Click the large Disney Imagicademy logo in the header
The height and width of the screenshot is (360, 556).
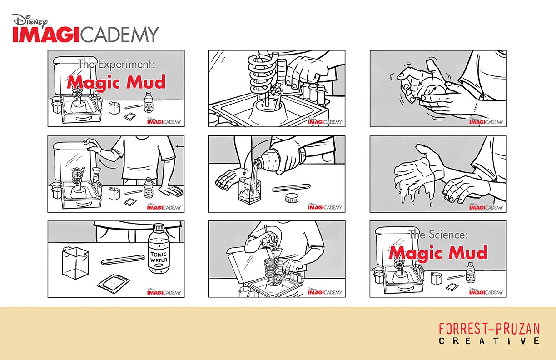click(85, 28)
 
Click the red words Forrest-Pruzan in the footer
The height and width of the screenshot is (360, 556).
click(489, 329)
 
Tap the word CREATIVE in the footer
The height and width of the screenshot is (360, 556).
click(489, 340)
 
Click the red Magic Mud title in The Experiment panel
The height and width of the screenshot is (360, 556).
click(116, 82)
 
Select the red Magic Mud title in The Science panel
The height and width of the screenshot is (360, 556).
click(438, 253)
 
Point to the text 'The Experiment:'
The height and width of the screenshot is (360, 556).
click(116, 64)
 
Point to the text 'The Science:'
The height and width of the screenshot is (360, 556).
click(438, 234)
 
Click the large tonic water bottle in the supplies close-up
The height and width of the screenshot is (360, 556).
click(159, 249)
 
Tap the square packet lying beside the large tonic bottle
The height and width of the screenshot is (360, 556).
click(114, 285)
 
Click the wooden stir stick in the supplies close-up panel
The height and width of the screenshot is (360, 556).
click(123, 260)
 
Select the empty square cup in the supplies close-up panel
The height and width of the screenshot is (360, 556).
click(75, 263)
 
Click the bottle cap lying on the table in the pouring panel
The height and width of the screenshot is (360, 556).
click(292, 198)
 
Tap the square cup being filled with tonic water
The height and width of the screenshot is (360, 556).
click(250, 190)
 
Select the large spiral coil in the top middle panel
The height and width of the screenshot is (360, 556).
click(262, 75)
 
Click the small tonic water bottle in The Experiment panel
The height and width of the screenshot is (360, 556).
click(149, 102)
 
